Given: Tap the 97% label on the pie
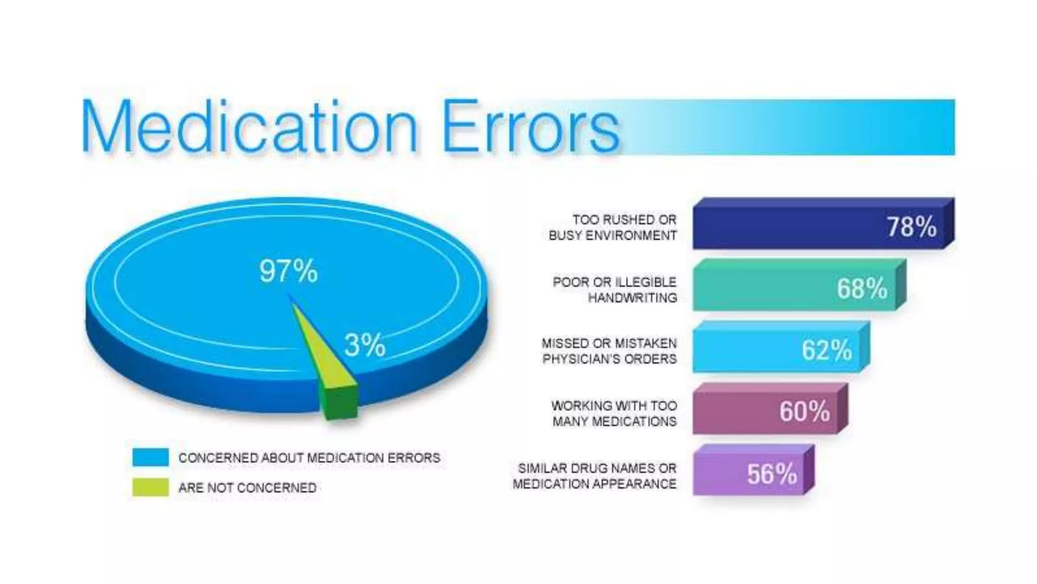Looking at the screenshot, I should [x=288, y=271].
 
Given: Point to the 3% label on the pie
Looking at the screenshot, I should [x=365, y=345].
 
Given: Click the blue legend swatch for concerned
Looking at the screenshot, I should [x=150, y=457].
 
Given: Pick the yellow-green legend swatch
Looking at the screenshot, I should [x=150, y=487].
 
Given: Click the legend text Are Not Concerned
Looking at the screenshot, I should [x=247, y=488].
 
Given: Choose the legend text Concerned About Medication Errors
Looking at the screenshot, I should [x=309, y=458].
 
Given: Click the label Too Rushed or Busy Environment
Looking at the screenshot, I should [x=613, y=228].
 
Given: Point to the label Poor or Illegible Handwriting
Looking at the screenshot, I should [x=615, y=289].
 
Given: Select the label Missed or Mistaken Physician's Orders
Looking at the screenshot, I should [x=609, y=351].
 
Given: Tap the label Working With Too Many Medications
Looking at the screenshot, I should [x=614, y=413].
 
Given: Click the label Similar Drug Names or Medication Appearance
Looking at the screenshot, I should [x=594, y=476].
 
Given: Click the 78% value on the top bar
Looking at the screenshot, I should [x=911, y=227].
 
